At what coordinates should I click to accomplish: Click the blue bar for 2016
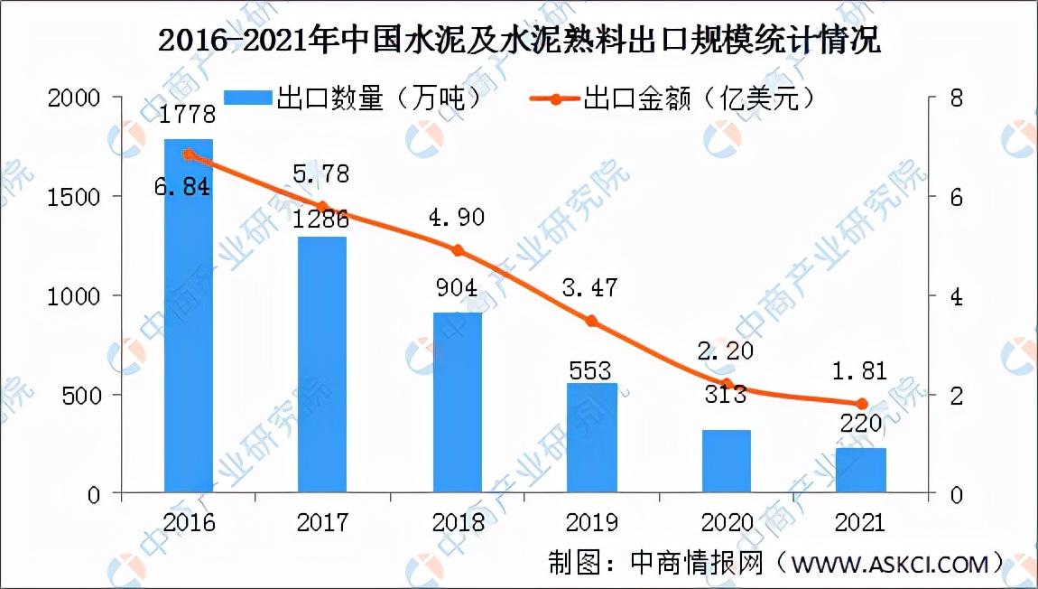(x=189, y=316)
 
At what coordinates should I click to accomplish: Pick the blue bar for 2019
(x=592, y=438)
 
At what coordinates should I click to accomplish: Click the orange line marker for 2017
(x=323, y=207)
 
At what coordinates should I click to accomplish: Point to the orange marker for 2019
(x=592, y=321)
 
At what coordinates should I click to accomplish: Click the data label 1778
(x=189, y=115)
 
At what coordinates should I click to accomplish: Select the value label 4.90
(x=456, y=218)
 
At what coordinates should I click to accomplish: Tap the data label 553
(x=590, y=370)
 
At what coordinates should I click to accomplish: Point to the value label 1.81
(x=860, y=371)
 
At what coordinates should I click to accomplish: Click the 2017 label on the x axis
(x=323, y=523)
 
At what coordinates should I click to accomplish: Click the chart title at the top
(x=519, y=41)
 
